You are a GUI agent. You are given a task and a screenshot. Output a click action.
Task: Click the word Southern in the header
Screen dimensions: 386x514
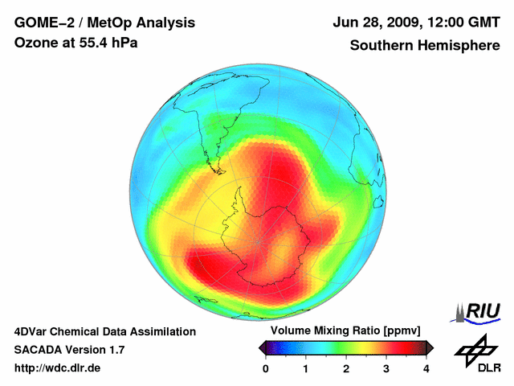pos(381,46)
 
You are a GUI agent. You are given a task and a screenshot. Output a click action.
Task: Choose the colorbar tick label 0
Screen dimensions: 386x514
pos(266,368)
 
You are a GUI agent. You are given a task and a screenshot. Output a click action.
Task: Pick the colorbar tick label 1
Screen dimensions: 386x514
pos(306,368)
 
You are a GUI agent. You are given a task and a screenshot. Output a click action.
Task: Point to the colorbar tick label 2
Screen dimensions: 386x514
pos(346,368)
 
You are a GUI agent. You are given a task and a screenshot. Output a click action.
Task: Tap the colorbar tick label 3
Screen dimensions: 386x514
pos(386,368)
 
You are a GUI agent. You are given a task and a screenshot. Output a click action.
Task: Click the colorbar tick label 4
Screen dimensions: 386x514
pos(426,368)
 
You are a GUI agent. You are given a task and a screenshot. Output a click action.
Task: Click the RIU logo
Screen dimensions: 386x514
pos(479,312)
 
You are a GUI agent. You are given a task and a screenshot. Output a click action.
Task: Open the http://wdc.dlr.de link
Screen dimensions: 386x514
pos(58,368)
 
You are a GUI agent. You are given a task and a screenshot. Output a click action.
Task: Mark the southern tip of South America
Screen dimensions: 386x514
pos(215,170)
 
